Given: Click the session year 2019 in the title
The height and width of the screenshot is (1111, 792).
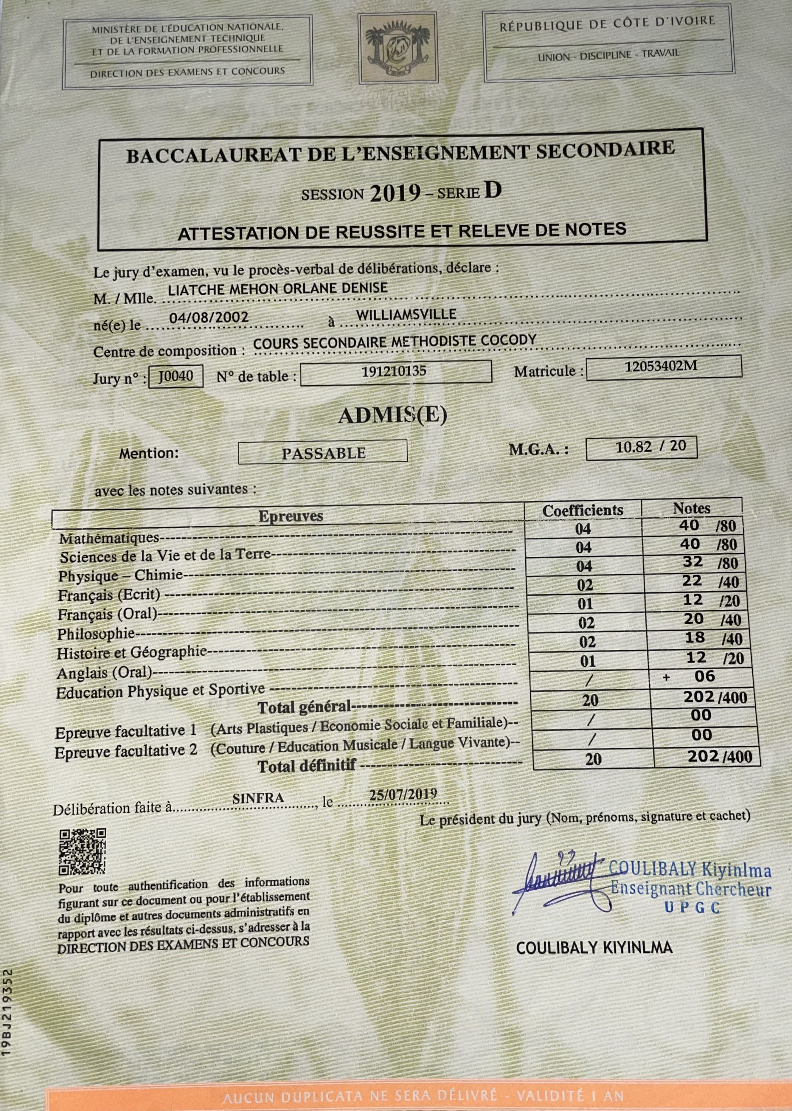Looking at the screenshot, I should click(395, 194).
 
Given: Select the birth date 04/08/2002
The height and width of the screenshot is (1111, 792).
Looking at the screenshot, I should click(209, 317).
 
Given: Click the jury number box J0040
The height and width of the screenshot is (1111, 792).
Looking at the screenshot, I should click(176, 376).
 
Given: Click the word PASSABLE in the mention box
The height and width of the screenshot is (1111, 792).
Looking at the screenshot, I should click(323, 453).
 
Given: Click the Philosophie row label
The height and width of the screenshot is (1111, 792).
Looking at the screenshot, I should click(96, 634).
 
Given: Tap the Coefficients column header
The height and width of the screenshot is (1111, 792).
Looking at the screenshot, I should click(583, 510).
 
